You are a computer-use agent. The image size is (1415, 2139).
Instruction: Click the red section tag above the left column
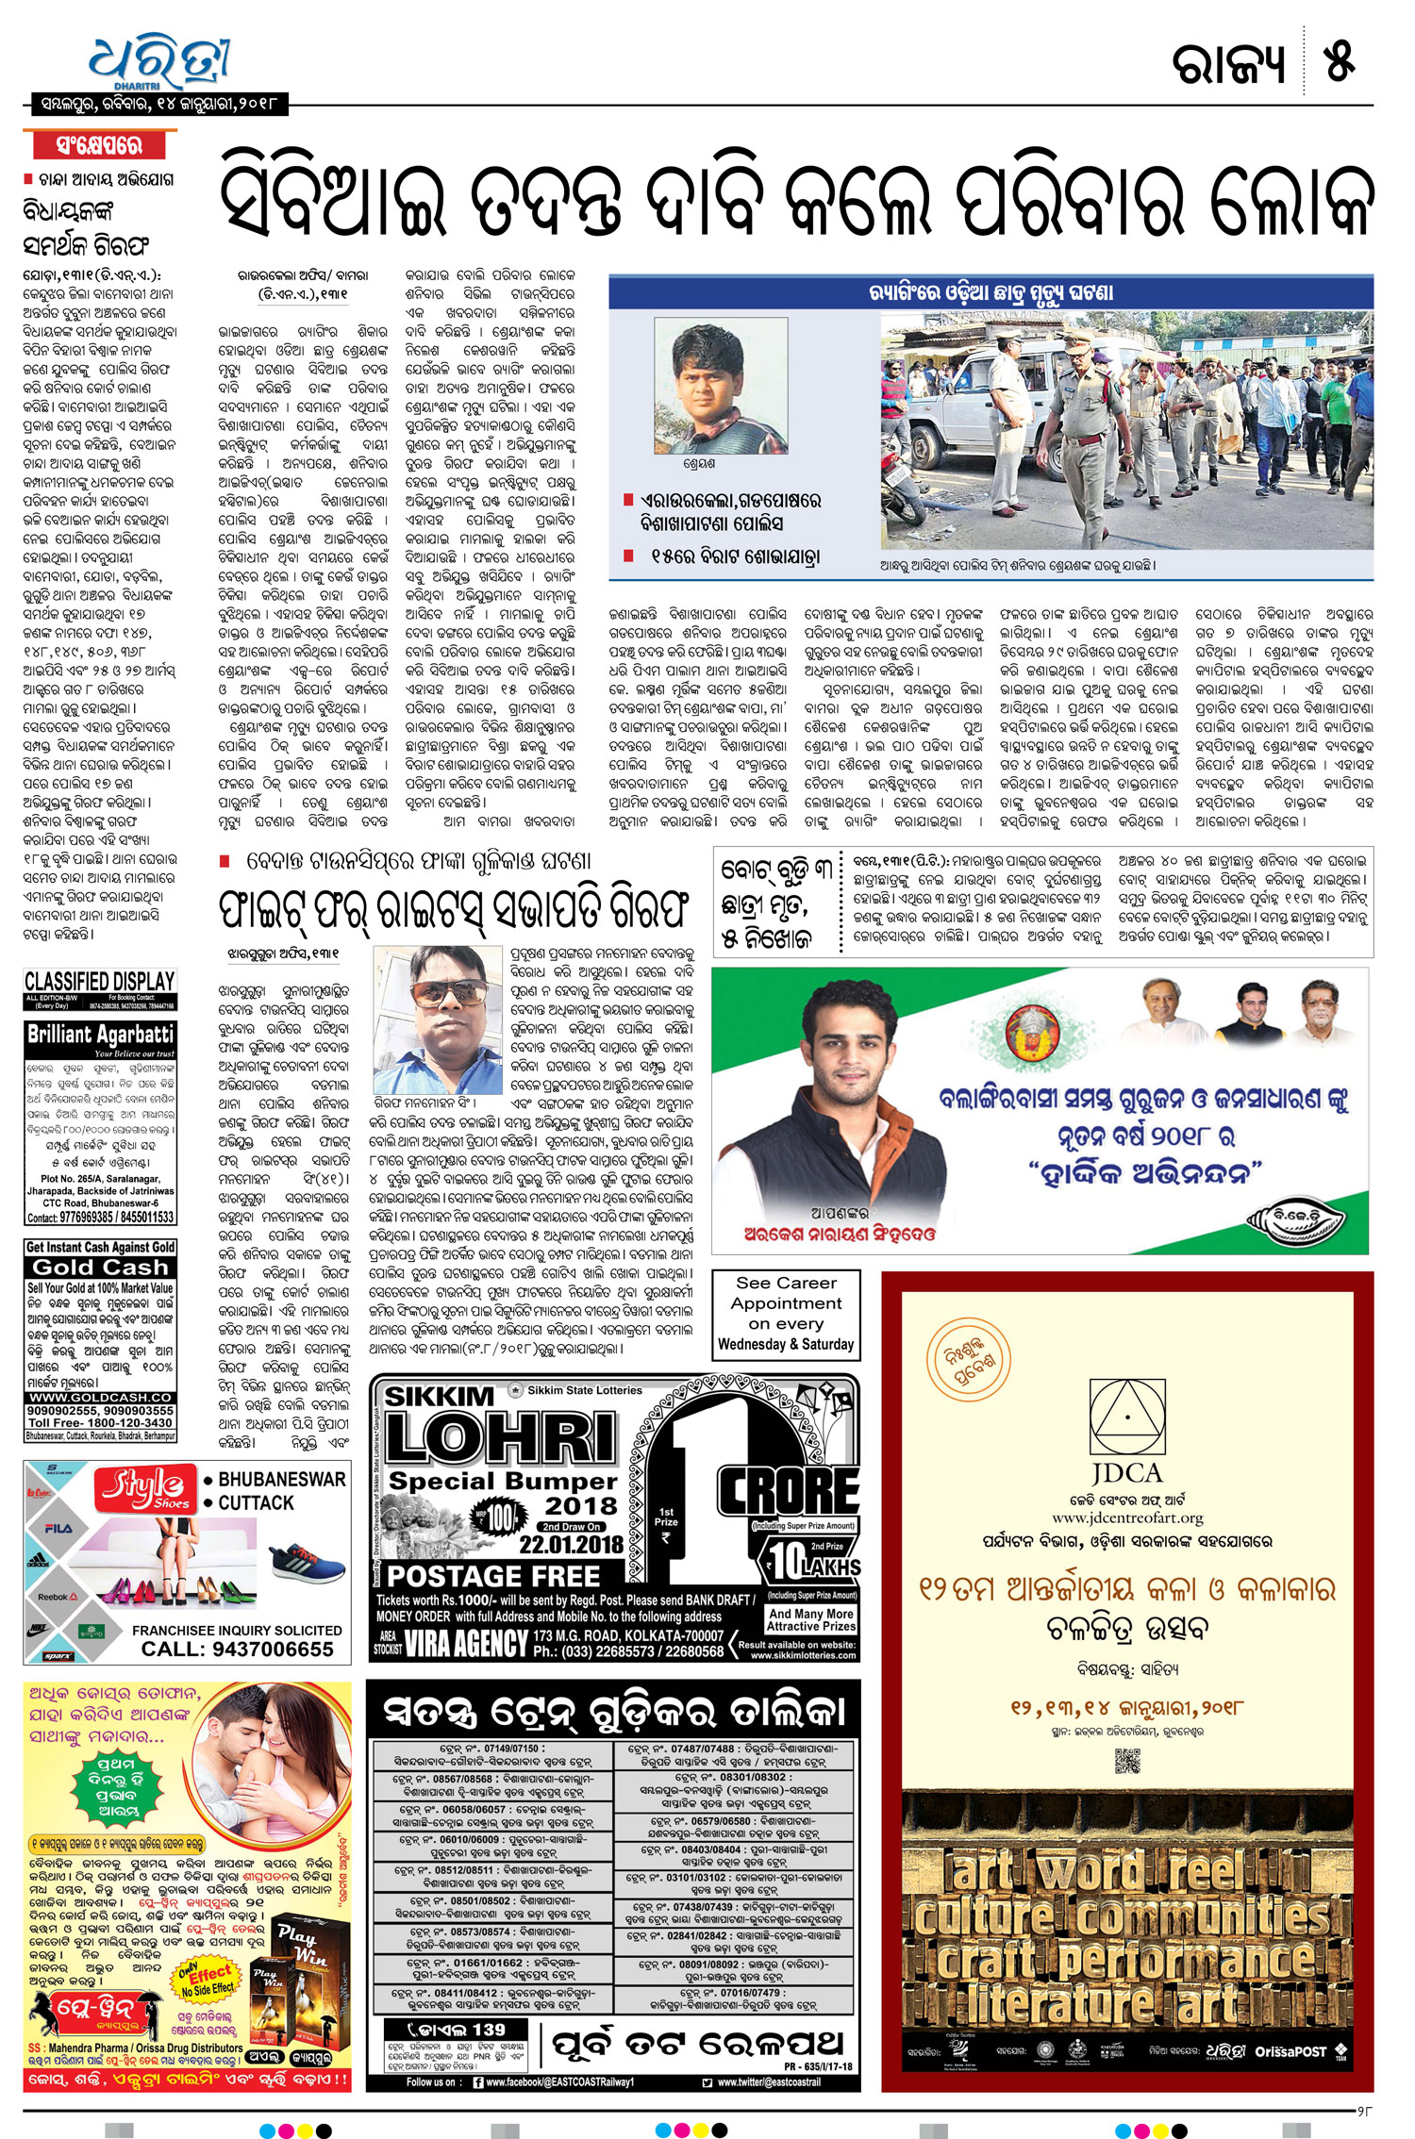click(x=99, y=145)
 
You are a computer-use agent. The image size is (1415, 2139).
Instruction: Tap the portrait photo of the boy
click(x=721, y=387)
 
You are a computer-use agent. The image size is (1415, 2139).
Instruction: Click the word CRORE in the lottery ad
click(x=789, y=1491)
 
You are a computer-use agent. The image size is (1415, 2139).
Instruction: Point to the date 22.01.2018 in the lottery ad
click(x=571, y=1545)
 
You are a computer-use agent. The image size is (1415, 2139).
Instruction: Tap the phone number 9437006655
click(x=237, y=1650)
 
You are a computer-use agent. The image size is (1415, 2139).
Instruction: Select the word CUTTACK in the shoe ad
click(x=256, y=1503)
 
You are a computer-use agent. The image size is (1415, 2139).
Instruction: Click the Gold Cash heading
click(x=100, y=1268)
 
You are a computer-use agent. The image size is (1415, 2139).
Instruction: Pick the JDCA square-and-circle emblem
click(x=1127, y=1417)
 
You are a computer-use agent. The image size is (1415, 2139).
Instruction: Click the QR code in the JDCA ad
click(x=1127, y=1760)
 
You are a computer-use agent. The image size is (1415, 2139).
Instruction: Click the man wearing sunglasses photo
click(x=438, y=1019)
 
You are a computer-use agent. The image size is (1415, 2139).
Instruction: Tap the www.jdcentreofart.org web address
click(x=1127, y=1517)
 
